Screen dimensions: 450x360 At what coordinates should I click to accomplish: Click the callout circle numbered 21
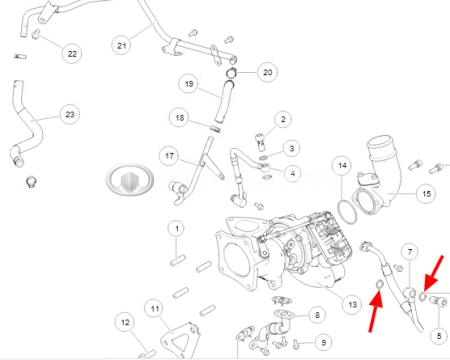click(x=121, y=45)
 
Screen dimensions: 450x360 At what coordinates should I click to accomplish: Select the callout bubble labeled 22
click(x=72, y=53)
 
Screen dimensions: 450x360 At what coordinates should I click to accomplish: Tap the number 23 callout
click(x=70, y=114)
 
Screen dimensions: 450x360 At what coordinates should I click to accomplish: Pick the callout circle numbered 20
click(x=267, y=72)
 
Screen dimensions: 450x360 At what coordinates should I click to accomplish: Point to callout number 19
click(x=189, y=83)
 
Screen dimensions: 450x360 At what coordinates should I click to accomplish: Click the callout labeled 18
click(x=179, y=118)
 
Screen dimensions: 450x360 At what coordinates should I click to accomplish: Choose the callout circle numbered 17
click(x=169, y=156)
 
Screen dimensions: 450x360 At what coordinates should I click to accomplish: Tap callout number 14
click(x=342, y=165)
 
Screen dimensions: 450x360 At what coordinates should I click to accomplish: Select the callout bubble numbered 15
click(x=426, y=193)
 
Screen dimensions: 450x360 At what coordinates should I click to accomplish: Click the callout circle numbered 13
click(x=352, y=304)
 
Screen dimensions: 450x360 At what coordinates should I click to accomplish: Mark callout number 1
click(x=177, y=229)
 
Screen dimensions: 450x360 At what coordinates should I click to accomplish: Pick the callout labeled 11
click(x=155, y=309)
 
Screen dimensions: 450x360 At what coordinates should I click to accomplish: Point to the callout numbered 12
click(x=125, y=322)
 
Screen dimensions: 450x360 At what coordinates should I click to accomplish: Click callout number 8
click(x=317, y=315)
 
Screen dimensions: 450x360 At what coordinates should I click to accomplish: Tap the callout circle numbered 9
click(x=323, y=342)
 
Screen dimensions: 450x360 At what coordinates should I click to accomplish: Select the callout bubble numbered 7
click(x=410, y=252)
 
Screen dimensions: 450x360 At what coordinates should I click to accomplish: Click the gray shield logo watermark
click(x=130, y=180)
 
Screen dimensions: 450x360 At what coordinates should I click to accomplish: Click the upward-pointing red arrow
click(x=375, y=311)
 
